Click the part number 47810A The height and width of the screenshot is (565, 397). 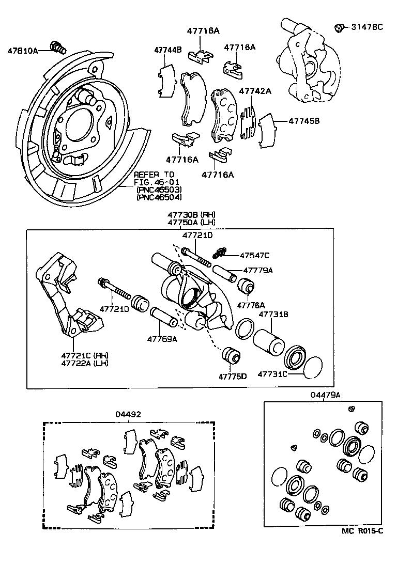click(22, 51)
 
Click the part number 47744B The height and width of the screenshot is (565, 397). click(167, 50)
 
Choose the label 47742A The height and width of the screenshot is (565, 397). click(255, 91)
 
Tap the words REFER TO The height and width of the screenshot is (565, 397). click(154, 175)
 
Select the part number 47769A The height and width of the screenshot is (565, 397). click(162, 339)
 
